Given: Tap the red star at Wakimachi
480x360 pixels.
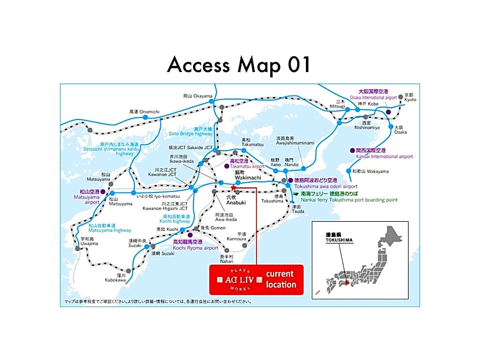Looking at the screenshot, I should pos(233,187).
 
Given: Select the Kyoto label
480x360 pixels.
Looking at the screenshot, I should pos(410,97).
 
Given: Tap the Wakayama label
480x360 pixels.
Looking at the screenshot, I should pos(370,171).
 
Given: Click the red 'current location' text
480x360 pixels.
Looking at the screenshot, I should pos(281,279).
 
